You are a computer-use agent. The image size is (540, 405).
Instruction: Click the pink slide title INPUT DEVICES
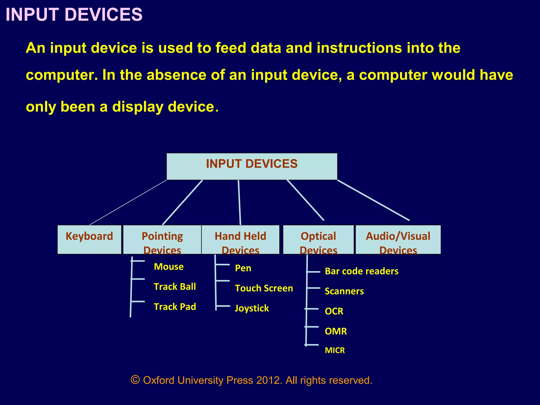(x=74, y=15)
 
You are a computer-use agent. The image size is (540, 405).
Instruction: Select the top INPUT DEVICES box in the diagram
(x=252, y=166)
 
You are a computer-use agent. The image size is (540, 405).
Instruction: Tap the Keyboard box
(x=89, y=239)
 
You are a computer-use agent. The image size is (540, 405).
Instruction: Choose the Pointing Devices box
(x=162, y=239)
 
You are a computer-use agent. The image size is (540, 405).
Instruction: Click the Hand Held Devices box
(x=240, y=239)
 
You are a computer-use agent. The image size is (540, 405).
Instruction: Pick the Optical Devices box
(x=318, y=239)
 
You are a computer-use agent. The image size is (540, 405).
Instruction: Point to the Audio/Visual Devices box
(x=398, y=239)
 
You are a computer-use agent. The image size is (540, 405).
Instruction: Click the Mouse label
(x=169, y=267)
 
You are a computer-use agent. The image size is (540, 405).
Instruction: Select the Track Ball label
(x=175, y=287)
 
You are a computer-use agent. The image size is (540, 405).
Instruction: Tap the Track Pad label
(x=175, y=307)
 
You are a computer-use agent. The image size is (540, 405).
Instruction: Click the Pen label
(x=243, y=268)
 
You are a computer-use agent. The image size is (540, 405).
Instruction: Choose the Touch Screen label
(x=264, y=288)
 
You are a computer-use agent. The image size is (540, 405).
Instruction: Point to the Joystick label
(x=252, y=308)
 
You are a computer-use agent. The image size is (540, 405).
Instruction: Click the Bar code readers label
(x=361, y=271)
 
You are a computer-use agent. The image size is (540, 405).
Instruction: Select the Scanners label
(x=344, y=291)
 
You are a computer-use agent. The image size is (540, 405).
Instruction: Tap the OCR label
(x=334, y=311)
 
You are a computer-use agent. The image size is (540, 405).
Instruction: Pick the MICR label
(x=335, y=350)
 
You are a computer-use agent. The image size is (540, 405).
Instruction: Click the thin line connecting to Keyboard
(x=128, y=202)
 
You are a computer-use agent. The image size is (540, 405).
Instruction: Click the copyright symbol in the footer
(x=135, y=380)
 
